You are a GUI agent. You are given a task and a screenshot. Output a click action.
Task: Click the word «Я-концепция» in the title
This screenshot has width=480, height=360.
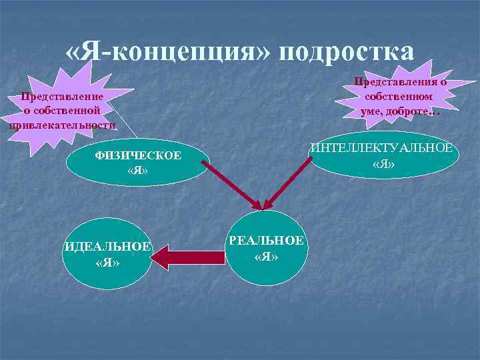(166, 51)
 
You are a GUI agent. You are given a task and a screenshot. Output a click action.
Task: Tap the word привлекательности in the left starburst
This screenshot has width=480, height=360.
(62, 125)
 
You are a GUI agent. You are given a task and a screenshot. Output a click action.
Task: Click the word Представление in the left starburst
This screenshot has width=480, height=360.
(62, 97)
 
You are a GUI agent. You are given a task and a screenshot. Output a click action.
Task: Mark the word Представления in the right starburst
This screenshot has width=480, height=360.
(400, 82)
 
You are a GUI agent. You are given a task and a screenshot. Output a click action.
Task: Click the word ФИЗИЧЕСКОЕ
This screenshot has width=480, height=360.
(137, 156)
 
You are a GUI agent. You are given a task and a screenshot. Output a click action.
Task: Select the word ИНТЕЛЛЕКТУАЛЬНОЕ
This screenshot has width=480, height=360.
(384, 148)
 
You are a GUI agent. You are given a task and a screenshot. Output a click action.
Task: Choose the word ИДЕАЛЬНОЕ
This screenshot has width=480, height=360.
(108, 247)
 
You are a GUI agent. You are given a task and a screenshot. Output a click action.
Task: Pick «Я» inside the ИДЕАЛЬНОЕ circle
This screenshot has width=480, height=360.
(107, 263)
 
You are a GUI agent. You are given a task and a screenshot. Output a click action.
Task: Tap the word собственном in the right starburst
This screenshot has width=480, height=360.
(400, 97)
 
